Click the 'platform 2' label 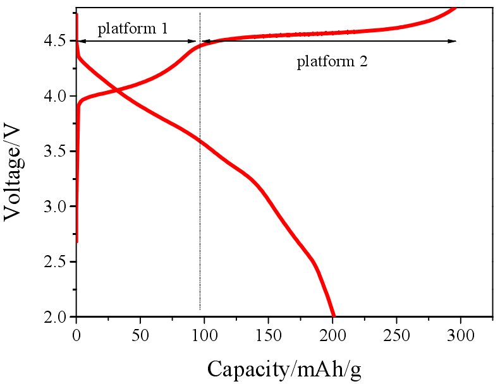pyautogui.click(x=332, y=62)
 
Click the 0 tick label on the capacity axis pyautogui.click(x=76, y=333)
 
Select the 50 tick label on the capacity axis pyautogui.click(x=140, y=333)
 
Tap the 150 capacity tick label pyautogui.click(x=268, y=333)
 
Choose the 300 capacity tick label pyautogui.click(x=460, y=333)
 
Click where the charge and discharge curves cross pyautogui.click(x=118, y=92)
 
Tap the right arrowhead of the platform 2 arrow pyautogui.click(x=453, y=41)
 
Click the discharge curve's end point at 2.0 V pyautogui.click(x=333, y=315)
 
